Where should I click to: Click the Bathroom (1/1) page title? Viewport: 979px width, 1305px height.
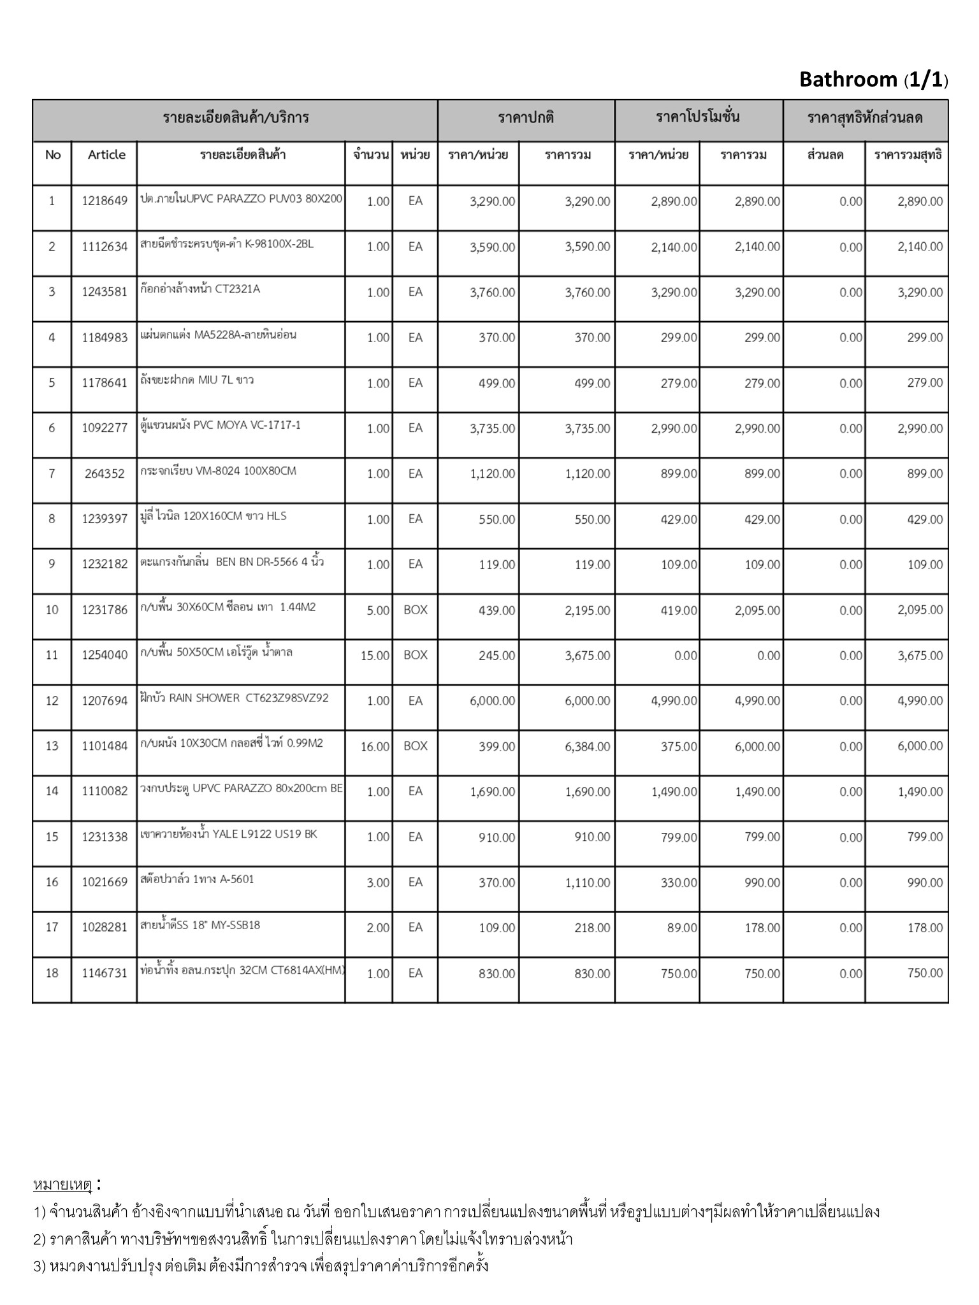(x=873, y=80)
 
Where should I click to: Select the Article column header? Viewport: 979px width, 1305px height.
(x=106, y=155)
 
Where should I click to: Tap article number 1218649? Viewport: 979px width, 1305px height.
(x=105, y=201)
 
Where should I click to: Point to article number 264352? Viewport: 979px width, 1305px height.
(x=105, y=474)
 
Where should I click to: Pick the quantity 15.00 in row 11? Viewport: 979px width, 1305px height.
(x=375, y=656)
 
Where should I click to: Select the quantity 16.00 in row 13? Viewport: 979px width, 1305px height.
(x=375, y=746)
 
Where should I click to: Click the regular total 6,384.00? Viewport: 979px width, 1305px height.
(x=587, y=746)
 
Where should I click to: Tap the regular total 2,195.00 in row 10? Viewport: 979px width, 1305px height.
(x=587, y=610)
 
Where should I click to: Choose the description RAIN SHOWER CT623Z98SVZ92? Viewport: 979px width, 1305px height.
(x=235, y=698)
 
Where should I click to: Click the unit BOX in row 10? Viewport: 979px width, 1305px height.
(x=416, y=610)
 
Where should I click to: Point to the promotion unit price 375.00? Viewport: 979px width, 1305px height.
(x=679, y=746)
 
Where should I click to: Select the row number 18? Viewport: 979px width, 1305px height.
(x=52, y=973)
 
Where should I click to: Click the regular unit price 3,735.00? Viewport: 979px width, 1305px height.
(x=492, y=429)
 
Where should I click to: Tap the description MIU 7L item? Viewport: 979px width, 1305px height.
(x=197, y=380)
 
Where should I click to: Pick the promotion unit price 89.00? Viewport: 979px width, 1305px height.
(x=682, y=928)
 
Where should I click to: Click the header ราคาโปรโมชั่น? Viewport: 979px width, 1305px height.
(x=698, y=118)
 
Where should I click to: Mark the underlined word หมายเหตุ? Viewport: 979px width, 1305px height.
(x=63, y=1185)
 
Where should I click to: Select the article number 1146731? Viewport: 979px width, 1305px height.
(x=105, y=974)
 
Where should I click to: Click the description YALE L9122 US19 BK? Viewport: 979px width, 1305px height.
(x=228, y=834)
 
